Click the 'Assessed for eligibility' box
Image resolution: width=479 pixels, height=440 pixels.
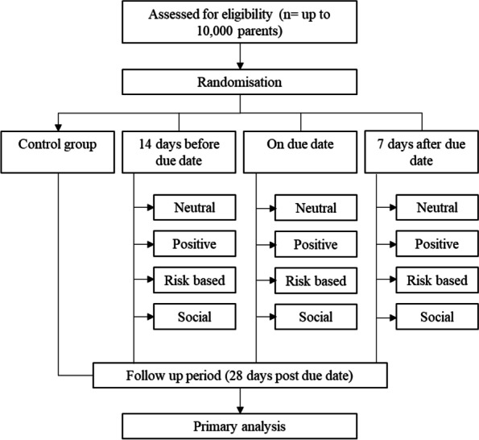240,23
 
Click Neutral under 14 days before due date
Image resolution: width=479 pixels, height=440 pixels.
196,207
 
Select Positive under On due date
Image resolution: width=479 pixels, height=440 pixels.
316,244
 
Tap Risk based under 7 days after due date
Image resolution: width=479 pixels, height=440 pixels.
436,280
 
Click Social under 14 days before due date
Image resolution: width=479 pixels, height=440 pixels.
196,316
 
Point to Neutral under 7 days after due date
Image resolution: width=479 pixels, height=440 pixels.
436,207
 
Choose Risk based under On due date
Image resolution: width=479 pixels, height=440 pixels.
316,280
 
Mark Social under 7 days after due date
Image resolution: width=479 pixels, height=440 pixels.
436,316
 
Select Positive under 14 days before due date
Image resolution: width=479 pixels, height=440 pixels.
196,244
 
